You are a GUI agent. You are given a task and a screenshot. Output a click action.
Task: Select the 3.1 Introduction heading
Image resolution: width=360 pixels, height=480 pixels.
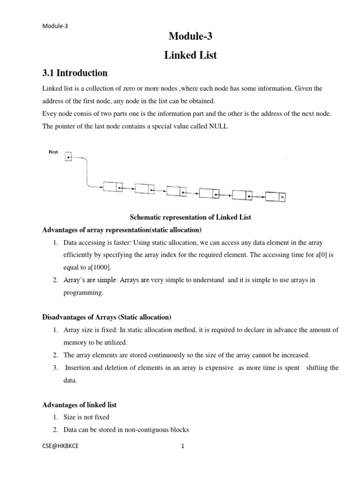pos(75,73)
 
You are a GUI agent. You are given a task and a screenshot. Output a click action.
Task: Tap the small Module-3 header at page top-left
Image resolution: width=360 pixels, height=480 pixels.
pos(55,26)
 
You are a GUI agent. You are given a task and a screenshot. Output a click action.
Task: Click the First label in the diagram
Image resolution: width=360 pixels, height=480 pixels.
pos(53,152)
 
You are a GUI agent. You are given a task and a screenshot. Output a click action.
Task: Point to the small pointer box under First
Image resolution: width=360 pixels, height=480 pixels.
pos(68,157)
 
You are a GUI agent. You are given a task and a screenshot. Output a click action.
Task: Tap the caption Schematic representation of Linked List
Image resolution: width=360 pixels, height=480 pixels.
pos(190,217)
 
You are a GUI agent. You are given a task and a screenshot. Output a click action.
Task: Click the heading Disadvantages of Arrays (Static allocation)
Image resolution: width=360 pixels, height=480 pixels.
pos(107,317)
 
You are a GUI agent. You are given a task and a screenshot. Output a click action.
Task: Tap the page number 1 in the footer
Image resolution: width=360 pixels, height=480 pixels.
pos(183,446)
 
